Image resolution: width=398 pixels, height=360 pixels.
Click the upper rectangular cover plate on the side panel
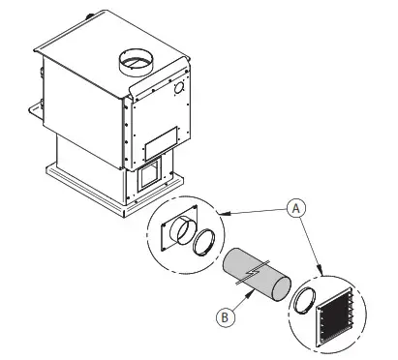click(159, 141)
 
